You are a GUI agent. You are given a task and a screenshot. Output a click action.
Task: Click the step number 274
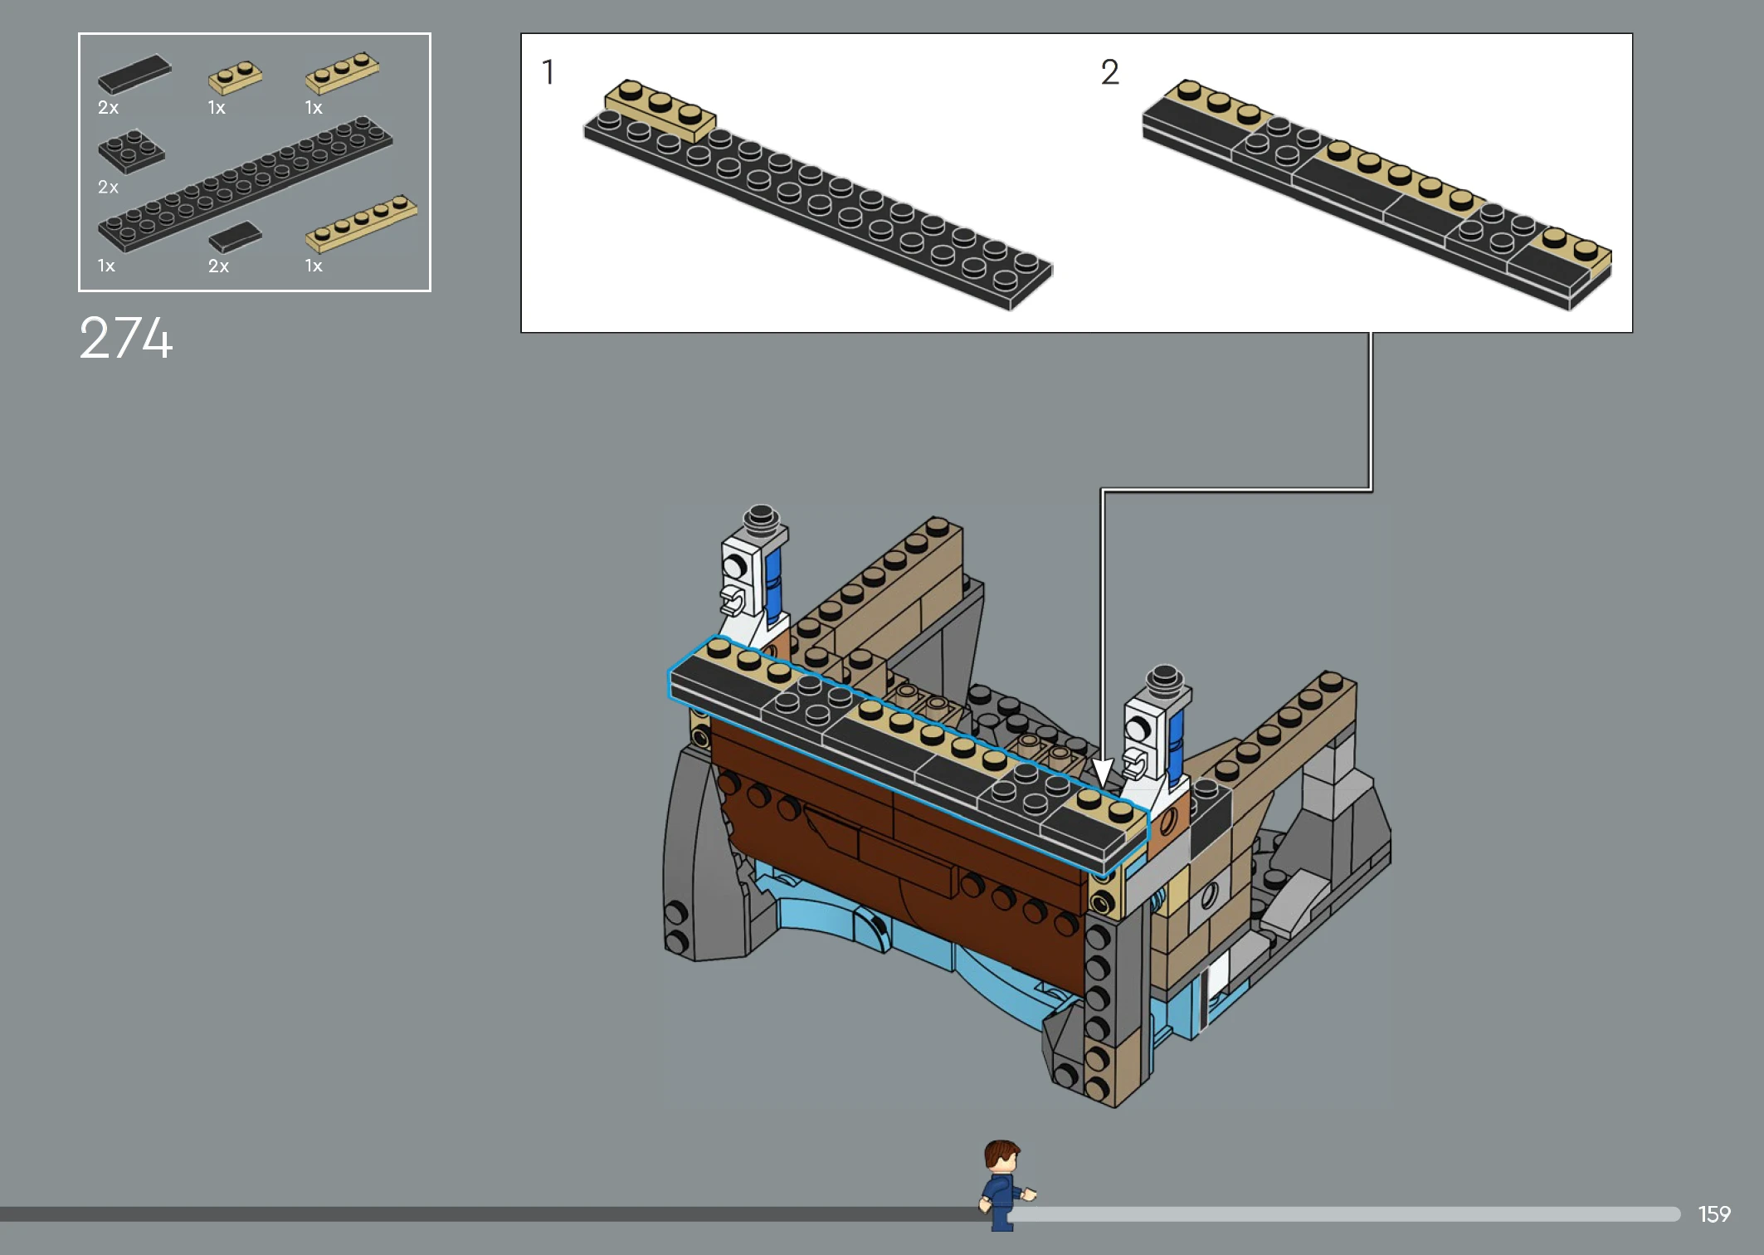click(126, 338)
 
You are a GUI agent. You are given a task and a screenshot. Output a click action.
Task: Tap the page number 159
click(1714, 1214)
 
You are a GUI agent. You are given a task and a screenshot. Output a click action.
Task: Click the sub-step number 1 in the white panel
click(548, 72)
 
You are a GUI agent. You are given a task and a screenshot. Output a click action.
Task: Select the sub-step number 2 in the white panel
click(1110, 72)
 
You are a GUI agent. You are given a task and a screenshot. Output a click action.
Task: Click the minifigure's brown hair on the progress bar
click(1001, 1153)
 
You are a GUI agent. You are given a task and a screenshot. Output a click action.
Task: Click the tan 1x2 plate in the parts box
click(235, 77)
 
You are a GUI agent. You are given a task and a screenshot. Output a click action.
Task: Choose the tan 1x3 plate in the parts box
click(343, 72)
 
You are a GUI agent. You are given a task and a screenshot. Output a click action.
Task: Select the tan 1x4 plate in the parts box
click(361, 222)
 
